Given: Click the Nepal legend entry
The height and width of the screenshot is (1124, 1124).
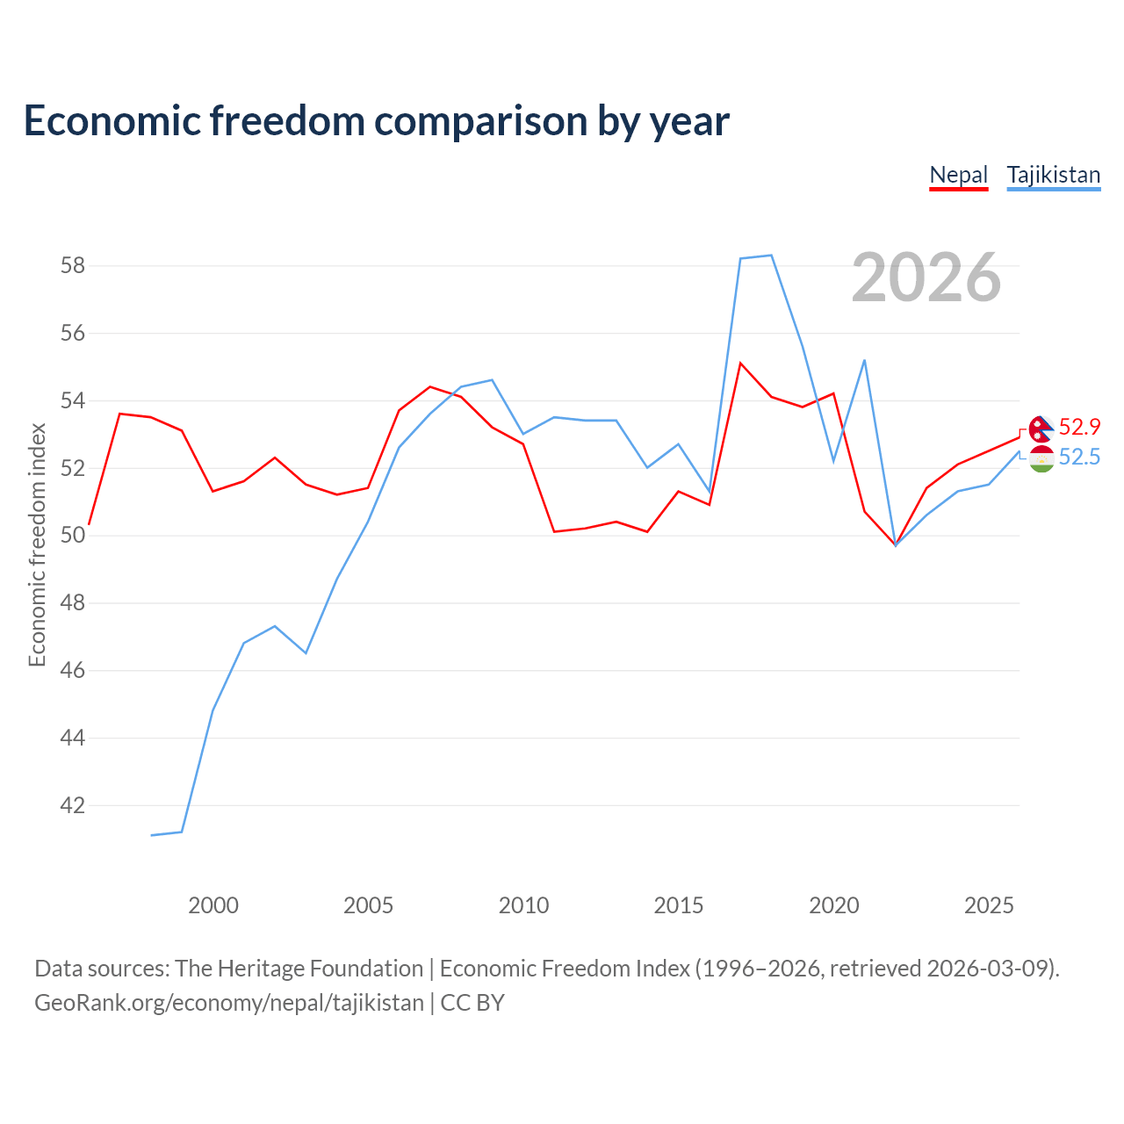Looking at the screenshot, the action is (x=958, y=175).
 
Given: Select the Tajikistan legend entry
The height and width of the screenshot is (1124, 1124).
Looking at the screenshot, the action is (x=1054, y=175).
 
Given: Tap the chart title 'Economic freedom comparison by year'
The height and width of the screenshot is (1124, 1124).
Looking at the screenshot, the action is (x=376, y=120).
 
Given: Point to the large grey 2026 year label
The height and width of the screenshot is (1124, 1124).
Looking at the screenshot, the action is (x=926, y=277).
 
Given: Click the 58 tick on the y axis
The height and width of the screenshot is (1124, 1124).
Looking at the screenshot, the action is (x=72, y=266).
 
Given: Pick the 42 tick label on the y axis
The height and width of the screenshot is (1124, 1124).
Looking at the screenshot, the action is (x=72, y=805).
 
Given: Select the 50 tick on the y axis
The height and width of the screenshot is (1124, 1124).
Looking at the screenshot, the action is (x=72, y=536).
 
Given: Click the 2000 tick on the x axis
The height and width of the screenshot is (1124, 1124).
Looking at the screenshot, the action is (x=213, y=905).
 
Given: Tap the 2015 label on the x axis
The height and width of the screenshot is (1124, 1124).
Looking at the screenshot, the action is (x=679, y=905).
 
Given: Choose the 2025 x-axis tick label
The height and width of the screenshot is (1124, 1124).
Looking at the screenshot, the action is (x=989, y=905).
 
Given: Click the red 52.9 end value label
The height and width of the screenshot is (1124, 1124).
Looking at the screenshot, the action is (x=1079, y=427).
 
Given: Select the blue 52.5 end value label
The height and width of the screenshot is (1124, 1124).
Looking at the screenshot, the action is (x=1079, y=457).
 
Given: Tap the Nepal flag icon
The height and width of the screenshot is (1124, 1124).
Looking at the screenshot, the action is (x=1041, y=429).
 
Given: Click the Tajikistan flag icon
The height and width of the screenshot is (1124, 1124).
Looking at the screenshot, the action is (x=1041, y=458).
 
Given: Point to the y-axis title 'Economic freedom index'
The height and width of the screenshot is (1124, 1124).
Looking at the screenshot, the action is (x=38, y=544).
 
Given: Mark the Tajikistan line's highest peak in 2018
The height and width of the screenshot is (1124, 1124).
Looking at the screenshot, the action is (x=772, y=255).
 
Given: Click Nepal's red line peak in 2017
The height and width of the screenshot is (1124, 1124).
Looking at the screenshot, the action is (x=740, y=363).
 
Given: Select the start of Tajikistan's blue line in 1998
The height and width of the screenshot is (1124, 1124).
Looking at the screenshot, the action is (x=151, y=835).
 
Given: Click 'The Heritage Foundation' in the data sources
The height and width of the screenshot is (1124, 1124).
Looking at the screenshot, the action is (x=299, y=969).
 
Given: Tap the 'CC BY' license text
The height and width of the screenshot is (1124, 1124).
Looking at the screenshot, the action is (x=472, y=1004).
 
